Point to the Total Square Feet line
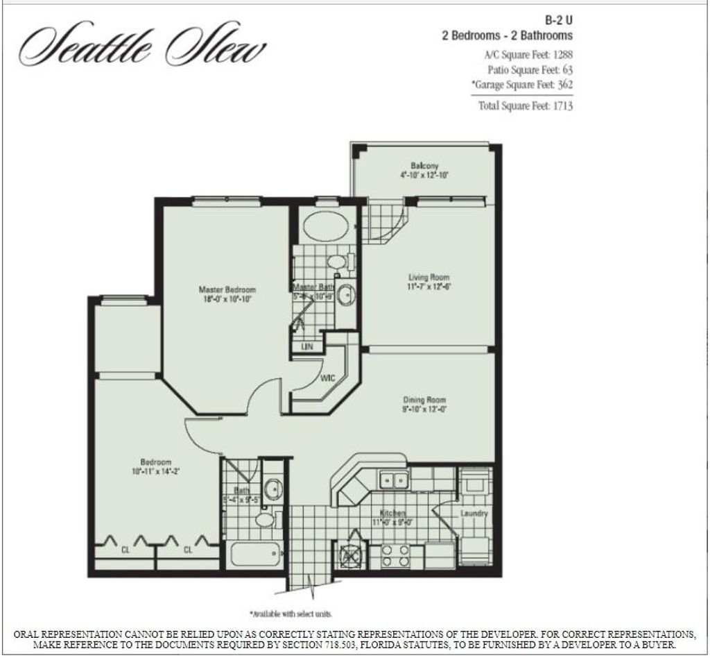click(x=525, y=106)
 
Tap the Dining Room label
click(x=424, y=400)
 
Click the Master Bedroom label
click(x=227, y=289)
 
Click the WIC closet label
click(x=329, y=379)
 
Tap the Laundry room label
click(x=474, y=514)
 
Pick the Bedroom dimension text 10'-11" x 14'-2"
click(x=155, y=471)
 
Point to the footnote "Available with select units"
click(x=291, y=614)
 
